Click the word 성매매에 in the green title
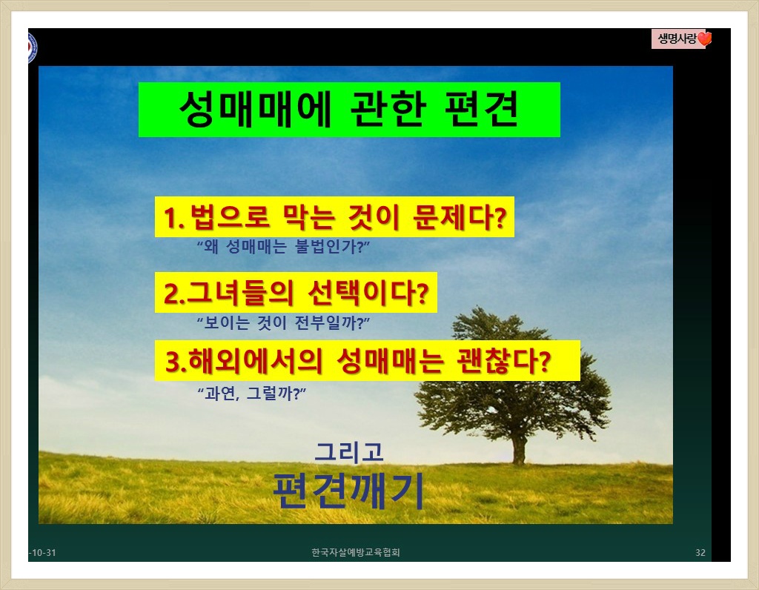pos(255,109)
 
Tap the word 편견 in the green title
pos(481,109)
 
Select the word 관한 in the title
pos(388,109)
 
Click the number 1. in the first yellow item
pos(174,217)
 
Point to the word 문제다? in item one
pos(460,217)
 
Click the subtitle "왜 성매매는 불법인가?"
pos(283,247)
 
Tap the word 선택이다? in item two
pos(368,292)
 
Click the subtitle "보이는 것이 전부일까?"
pos(283,322)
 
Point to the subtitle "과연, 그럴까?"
pos(252,393)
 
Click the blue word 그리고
pos(349,452)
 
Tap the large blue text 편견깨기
pos(348,490)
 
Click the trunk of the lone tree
pos(518,449)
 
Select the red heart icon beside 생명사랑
pos(705,39)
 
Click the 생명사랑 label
pos(677,39)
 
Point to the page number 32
pos(700,553)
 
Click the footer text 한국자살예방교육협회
pos(356,552)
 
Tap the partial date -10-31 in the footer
pos(42,553)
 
